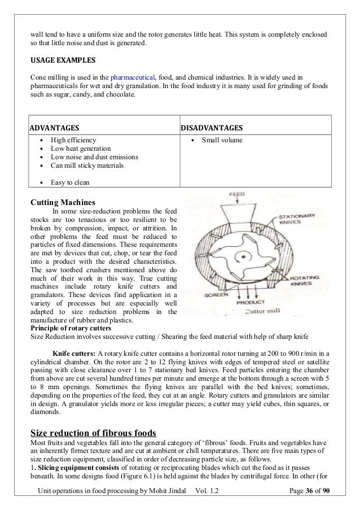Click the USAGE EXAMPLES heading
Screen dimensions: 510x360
(x=63, y=59)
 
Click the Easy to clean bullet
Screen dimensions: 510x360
(x=71, y=182)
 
